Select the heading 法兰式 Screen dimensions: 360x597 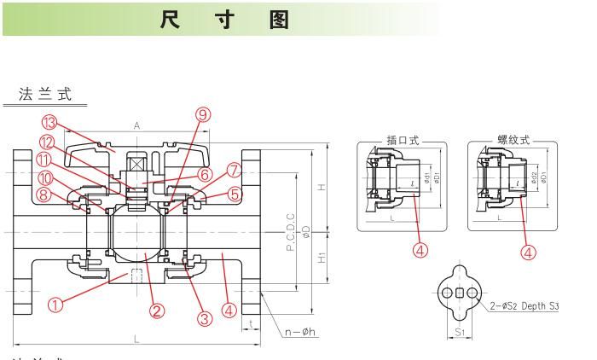[46, 94]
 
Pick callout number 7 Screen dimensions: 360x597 [235, 171]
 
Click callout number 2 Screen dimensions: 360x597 [157, 311]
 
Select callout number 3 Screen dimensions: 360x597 [204, 318]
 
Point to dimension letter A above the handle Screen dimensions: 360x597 [136, 125]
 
